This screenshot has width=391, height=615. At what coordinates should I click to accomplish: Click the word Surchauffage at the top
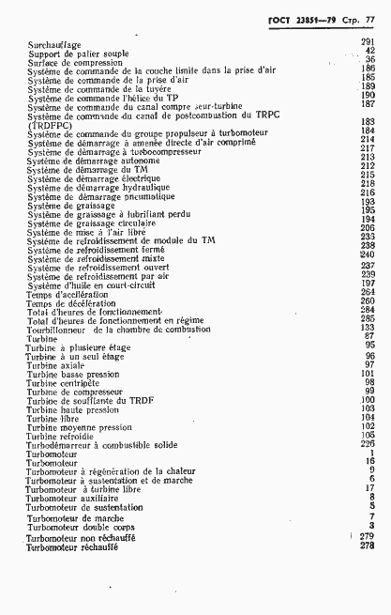pos(54,44)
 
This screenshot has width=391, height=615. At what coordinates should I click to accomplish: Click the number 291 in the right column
pos(367,43)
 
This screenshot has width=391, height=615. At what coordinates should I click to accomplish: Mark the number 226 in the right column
pos(367,445)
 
